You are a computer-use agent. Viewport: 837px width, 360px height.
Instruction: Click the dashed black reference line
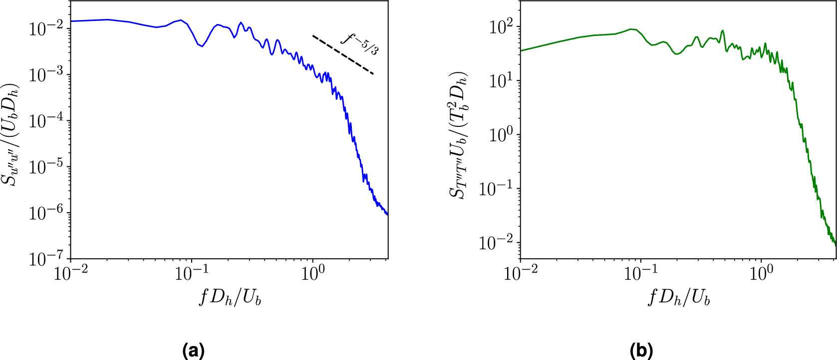[x=343, y=55]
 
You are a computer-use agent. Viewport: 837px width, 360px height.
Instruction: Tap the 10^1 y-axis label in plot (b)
[x=501, y=80]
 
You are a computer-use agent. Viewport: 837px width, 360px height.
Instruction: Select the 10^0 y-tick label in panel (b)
[x=501, y=135]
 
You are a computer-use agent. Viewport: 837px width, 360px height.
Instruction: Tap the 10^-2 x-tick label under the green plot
[x=521, y=273]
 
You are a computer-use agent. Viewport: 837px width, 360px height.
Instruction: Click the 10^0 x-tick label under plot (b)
[x=761, y=273]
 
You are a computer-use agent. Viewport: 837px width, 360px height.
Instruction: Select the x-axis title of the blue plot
[x=230, y=298]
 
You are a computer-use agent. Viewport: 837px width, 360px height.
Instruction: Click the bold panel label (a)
[x=194, y=351]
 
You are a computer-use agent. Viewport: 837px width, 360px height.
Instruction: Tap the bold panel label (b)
[x=642, y=351]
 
